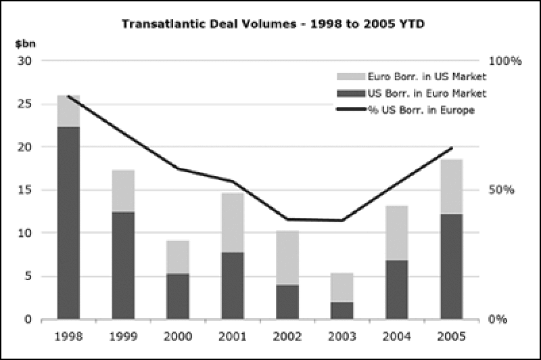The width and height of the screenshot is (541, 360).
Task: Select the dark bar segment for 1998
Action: pyautogui.click(x=68, y=223)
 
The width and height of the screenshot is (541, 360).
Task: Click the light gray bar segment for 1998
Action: pyautogui.click(x=68, y=111)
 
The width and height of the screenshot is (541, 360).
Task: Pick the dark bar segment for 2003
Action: pyautogui.click(x=342, y=310)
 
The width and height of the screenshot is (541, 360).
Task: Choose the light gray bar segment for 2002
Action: pyautogui.click(x=287, y=258)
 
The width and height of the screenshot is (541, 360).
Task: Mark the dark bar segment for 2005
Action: pyautogui.click(x=451, y=266)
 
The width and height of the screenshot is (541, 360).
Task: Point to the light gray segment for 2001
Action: pyautogui.click(x=233, y=223)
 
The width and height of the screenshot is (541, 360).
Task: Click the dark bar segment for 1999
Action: pyautogui.click(x=123, y=265)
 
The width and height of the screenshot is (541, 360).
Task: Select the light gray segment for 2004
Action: pyautogui.click(x=397, y=233)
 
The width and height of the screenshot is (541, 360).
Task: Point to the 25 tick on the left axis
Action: pyautogui.click(x=26, y=104)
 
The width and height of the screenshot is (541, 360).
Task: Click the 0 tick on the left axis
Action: pyautogui.click(x=29, y=319)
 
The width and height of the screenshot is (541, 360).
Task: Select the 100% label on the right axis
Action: pyautogui.click(x=505, y=61)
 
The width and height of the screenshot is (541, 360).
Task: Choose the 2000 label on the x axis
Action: pyautogui.click(x=178, y=336)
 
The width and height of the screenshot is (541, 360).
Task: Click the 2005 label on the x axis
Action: pyautogui.click(x=451, y=336)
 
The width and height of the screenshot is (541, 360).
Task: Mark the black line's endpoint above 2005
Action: pyautogui.click(x=452, y=148)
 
